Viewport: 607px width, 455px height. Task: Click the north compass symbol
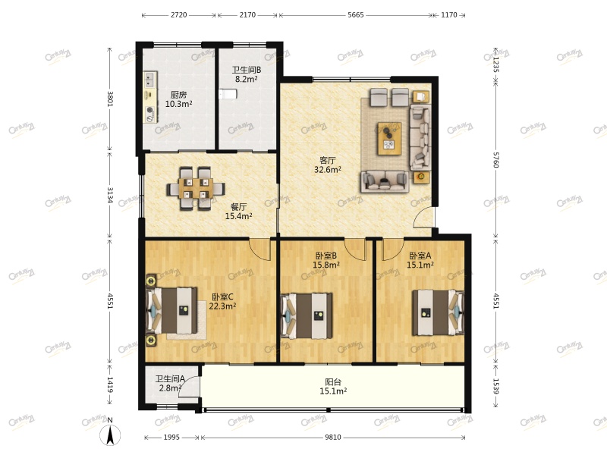110,433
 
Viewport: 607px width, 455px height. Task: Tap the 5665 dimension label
355,15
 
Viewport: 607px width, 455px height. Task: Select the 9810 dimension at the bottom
333,438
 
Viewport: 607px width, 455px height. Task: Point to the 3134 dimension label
110,195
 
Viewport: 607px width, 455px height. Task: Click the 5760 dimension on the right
496,159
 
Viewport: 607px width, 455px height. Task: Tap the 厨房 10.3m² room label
178,99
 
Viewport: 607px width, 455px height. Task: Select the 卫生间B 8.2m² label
247,74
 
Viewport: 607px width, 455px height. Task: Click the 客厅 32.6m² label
328,165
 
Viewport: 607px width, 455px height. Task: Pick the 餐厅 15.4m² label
238,212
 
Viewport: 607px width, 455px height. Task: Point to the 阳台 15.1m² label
333,387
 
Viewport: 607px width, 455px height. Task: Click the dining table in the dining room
196,188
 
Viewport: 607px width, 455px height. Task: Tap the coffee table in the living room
389,139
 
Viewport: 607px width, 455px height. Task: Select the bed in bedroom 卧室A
439,312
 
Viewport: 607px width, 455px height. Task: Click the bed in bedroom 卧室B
307,315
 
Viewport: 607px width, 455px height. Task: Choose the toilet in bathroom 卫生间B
227,93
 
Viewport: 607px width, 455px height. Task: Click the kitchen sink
149,80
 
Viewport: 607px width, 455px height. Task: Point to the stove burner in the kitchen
149,113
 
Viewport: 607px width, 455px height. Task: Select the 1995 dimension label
171,438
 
